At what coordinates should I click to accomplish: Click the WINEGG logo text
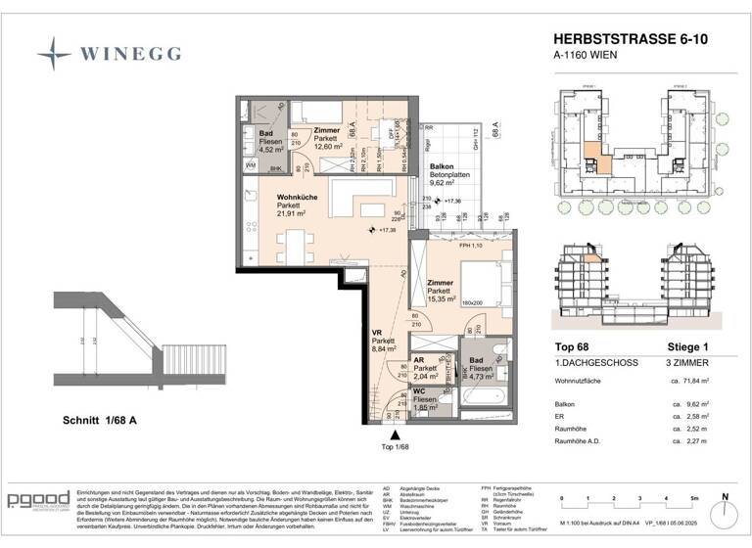click(128, 51)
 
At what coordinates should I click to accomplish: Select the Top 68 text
click(570, 347)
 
